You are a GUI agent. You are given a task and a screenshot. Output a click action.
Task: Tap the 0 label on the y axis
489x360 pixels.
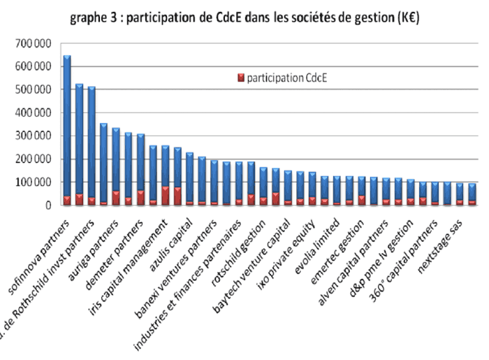pos(48,206)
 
